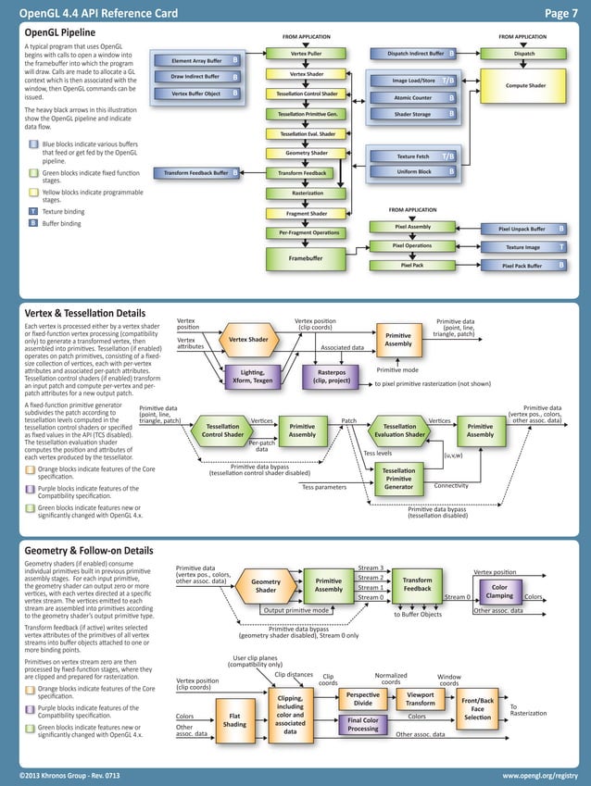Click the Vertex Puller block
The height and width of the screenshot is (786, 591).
pyautogui.click(x=306, y=55)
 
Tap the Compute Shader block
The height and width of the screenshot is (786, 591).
pyautogui.click(x=524, y=85)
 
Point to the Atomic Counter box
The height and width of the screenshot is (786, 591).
pyautogui.click(x=413, y=97)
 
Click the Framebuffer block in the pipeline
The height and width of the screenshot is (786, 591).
pyautogui.click(x=306, y=257)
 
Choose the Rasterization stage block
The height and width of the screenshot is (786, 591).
pyautogui.click(x=306, y=193)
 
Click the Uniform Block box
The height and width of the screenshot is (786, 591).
pyautogui.click(x=413, y=171)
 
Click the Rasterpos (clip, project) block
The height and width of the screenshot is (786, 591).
pyautogui.click(x=331, y=376)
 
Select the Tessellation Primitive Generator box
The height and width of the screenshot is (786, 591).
pyautogui.click(x=398, y=479)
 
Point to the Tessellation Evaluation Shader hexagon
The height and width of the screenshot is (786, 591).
pyautogui.click(x=398, y=430)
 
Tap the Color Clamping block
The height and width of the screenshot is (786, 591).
pyautogui.click(x=499, y=592)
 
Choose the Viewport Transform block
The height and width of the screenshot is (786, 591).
pyautogui.click(x=420, y=698)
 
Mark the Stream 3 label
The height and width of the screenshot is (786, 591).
pyautogui.click(x=371, y=568)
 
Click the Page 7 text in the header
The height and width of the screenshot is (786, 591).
pyautogui.click(x=560, y=12)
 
